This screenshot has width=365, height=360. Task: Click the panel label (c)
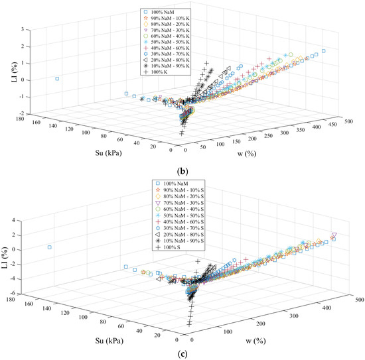point(182,351)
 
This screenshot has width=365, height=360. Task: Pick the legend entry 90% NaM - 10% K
point(180,19)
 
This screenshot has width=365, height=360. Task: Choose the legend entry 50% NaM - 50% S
point(180,214)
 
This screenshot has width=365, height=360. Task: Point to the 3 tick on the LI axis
point(25,30)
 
